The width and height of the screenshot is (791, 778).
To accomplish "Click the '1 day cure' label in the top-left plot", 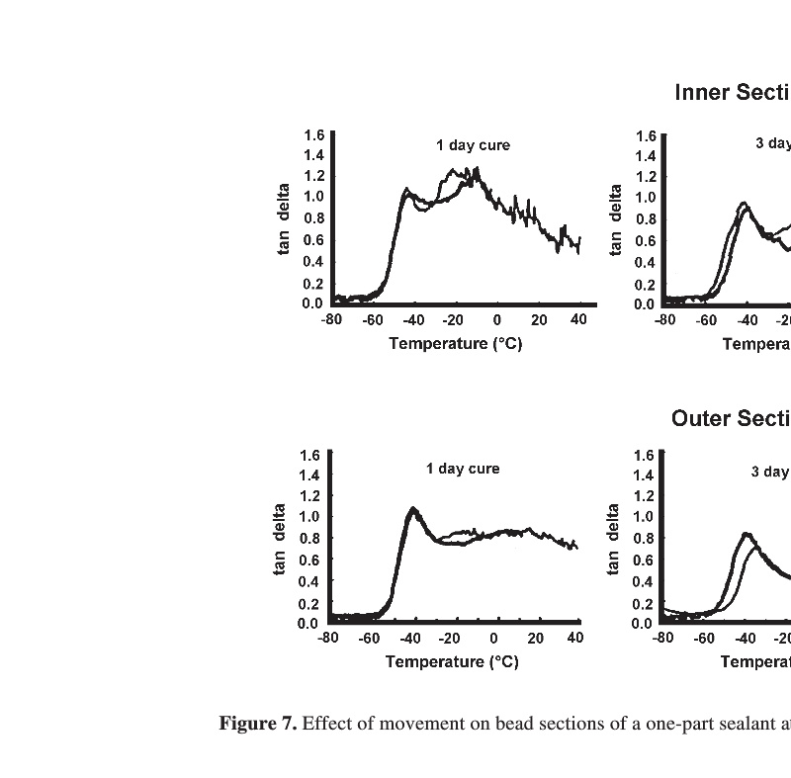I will (x=473, y=145).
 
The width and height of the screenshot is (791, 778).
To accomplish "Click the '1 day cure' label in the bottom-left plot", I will (x=463, y=469).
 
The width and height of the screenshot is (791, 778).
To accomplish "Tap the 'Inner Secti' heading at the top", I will (x=732, y=93).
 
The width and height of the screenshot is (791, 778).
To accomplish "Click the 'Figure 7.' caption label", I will (x=257, y=724).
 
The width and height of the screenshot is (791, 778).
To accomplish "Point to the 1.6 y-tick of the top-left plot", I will (x=313, y=134).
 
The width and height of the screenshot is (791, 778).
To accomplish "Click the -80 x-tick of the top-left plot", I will (x=331, y=319).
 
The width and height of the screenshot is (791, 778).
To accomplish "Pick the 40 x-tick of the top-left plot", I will (x=579, y=319).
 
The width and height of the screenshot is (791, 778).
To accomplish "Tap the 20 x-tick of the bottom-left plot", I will (x=534, y=638).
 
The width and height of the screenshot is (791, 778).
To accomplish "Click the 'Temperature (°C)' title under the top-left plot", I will (x=455, y=344).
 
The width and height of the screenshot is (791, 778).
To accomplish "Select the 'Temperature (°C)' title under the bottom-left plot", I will (x=452, y=662).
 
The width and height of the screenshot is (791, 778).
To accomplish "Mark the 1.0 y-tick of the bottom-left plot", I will (x=309, y=516).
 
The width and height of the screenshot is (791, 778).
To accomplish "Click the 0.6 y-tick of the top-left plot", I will (x=313, y=240).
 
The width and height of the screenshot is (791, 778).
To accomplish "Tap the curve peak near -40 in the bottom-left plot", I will (x=413, y=509).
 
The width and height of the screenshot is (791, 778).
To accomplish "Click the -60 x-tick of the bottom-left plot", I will (x=369, y=638).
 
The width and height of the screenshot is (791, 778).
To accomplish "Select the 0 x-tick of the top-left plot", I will (x=497, y=319).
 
